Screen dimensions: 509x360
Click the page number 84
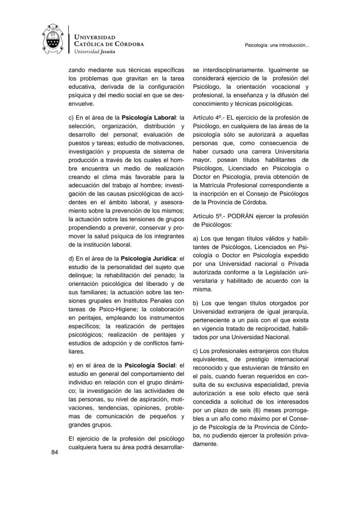pos(54,452)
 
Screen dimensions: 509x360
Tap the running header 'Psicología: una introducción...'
pos(277,45)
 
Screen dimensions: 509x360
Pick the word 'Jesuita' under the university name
pos(108,51)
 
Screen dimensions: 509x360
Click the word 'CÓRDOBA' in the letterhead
pos(129,44)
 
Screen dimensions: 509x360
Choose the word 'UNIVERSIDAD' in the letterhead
pos(95,37)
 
